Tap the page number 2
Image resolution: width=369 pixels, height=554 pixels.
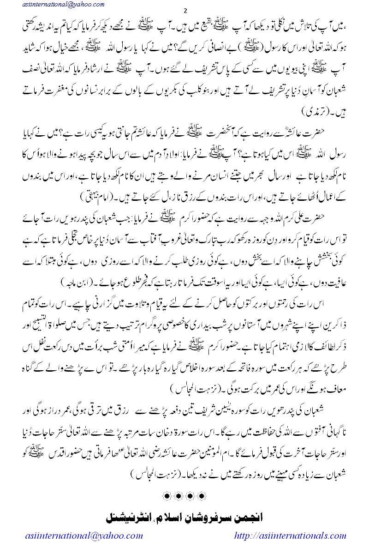tap(184, 11)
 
